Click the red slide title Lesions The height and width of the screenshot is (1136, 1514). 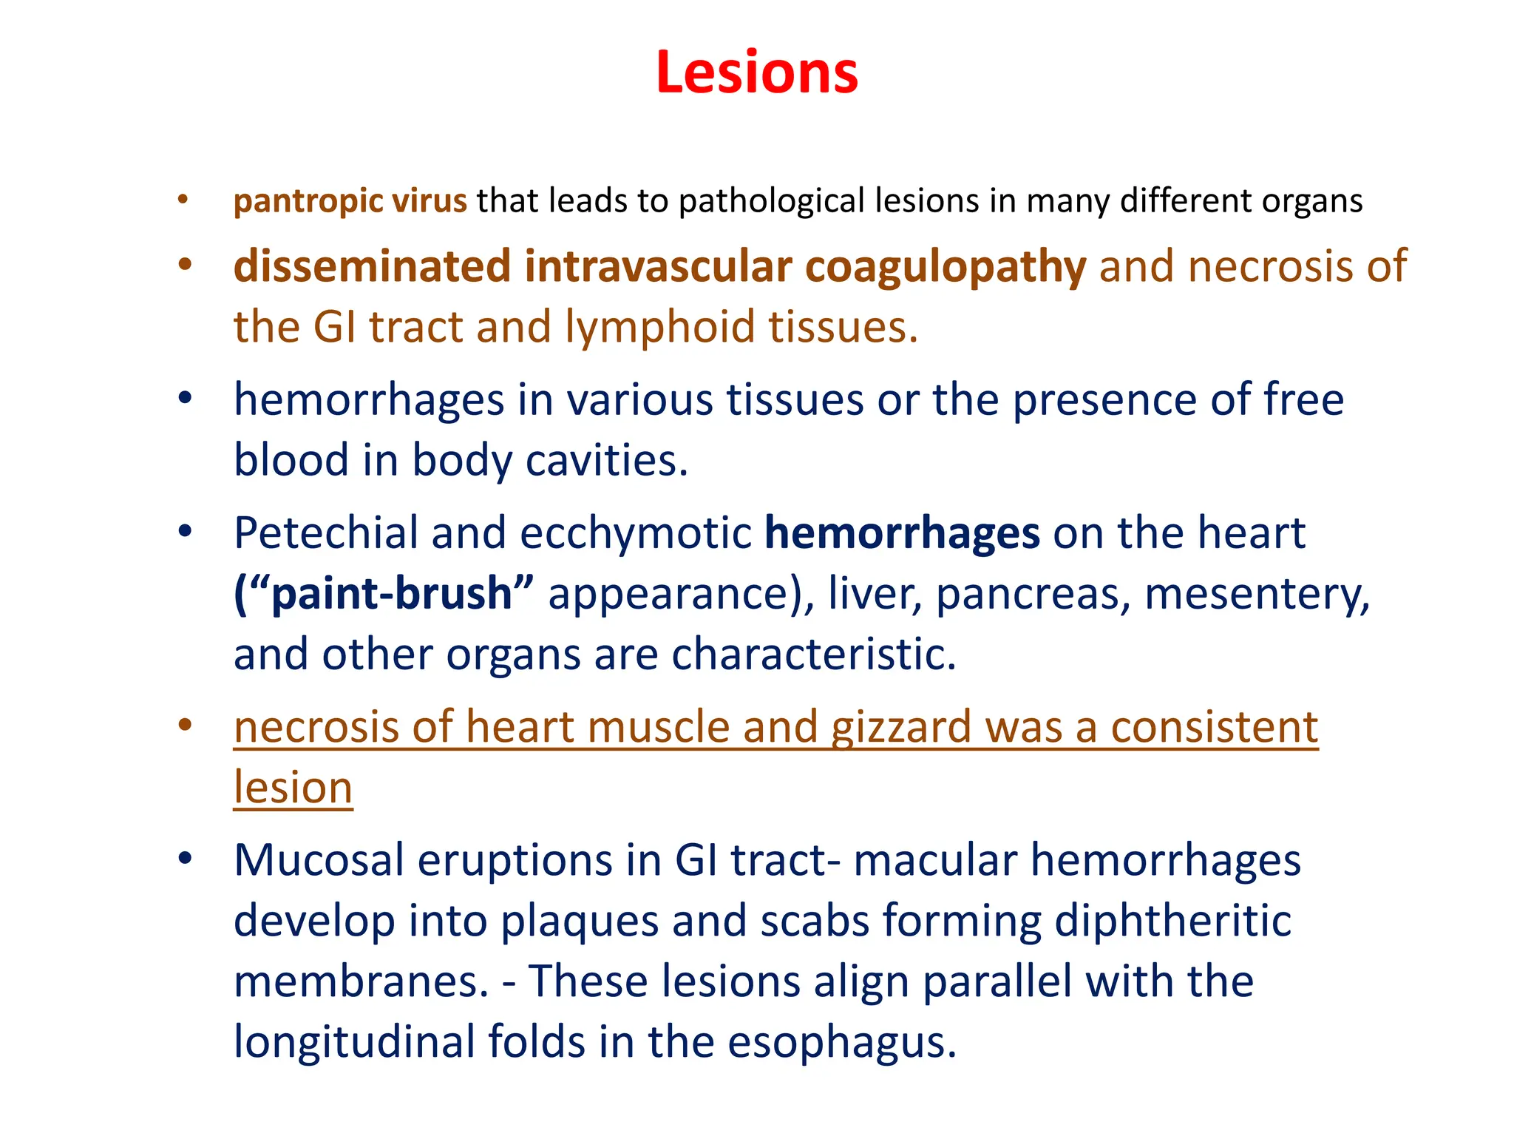pyautogui.click(x=756, y=72)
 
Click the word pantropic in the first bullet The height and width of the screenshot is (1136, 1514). pyautogui.click(x=308, y=201)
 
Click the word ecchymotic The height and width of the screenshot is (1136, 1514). pyautogui.click(x=636, y=532)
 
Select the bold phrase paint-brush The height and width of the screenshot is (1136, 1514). pyautogui.click(x=392, y=594)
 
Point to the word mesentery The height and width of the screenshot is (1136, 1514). pyautogui.click(x=1257, y=594)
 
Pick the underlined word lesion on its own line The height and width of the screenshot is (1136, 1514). pyautogui.click(x=293, y=788)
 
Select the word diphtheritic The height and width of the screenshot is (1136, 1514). pyautogui.click(x=1172, y=921)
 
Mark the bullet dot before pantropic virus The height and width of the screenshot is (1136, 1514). pyautogui.click(x=183, y=200)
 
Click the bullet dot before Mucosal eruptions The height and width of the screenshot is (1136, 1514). pyautogui.click(x=185, y=859)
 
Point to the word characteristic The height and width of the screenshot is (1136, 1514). pyautogui.click(x=813, y=655)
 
